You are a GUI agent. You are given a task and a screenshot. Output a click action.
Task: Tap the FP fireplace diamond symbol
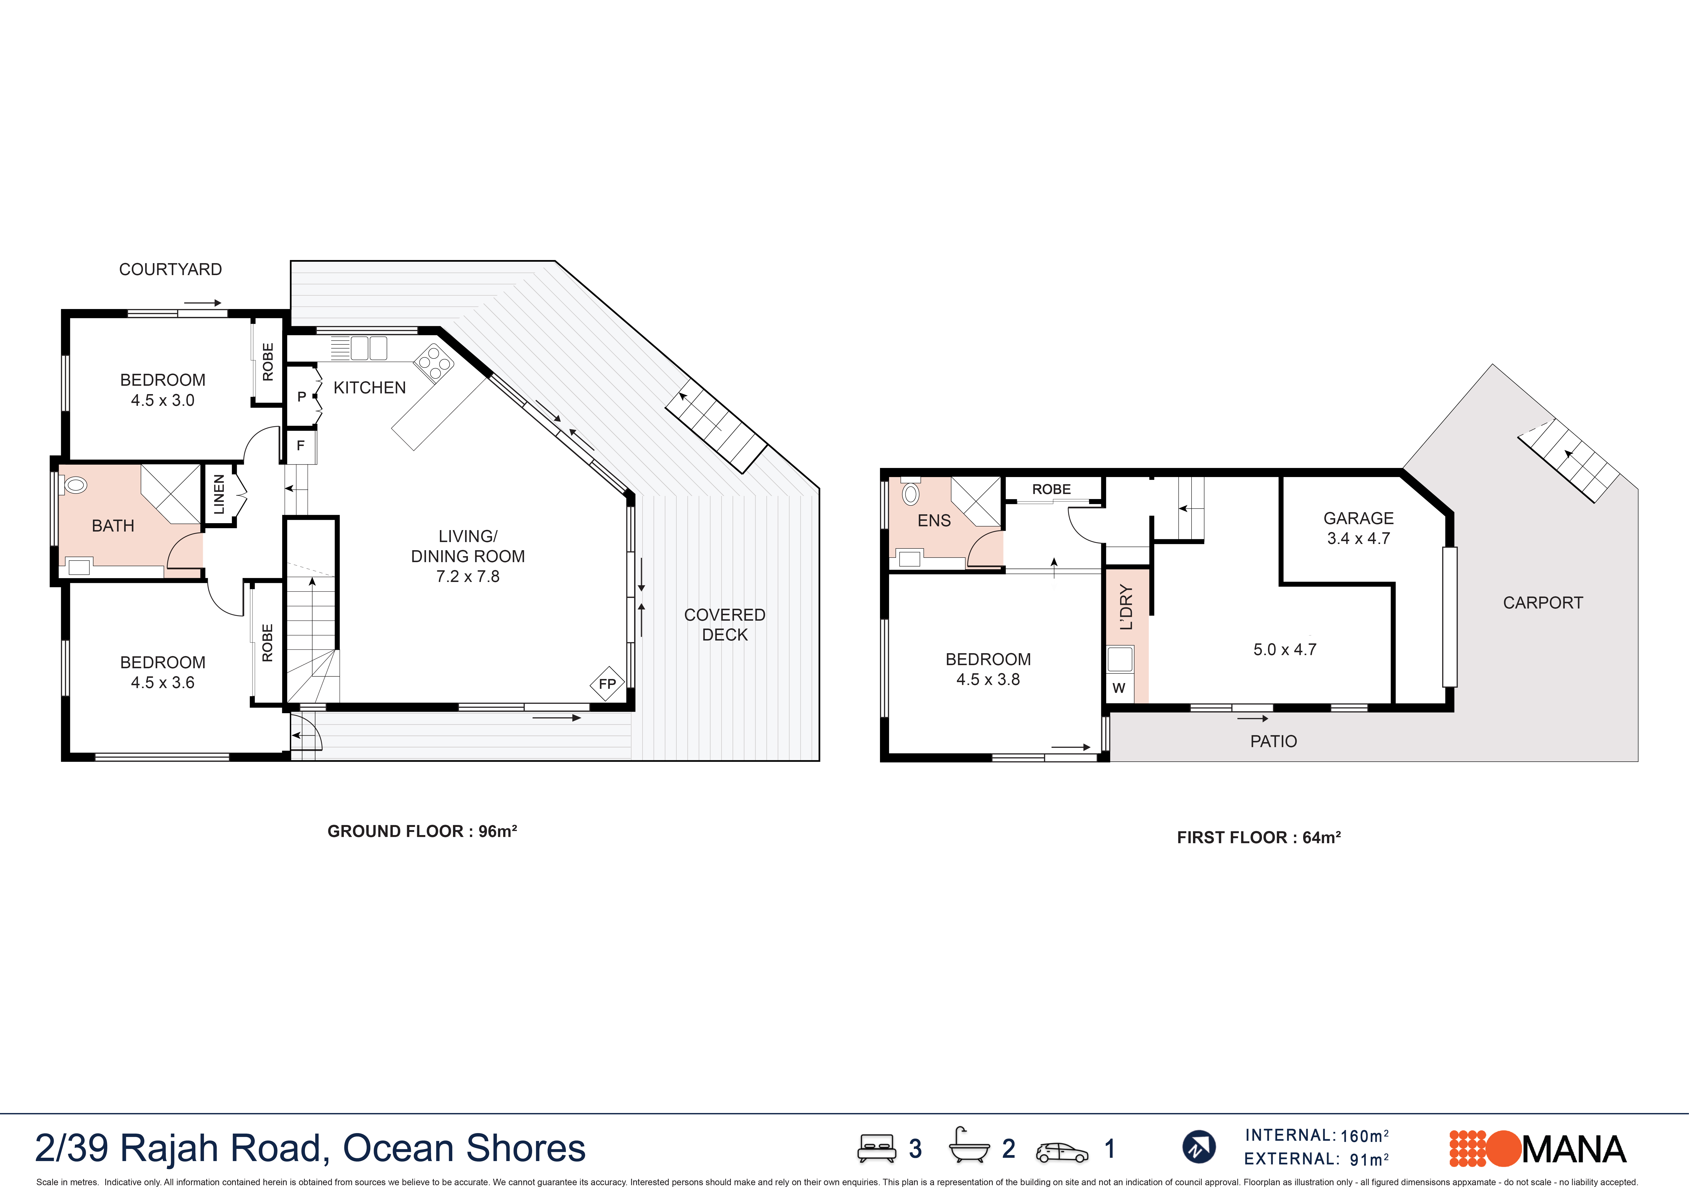pyautogui.click(x=607, y=684)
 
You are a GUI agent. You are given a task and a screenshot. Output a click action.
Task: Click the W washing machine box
pyautogui.click(x=1119, y=688)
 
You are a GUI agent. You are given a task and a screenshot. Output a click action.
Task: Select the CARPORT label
pyautogui.click(x=1543, y=603)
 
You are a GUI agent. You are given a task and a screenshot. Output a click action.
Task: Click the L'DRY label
pyautogui.click(x=1126, y=607)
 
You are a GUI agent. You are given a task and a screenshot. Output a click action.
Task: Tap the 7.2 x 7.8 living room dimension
pyautogui.click(x=468, y=576)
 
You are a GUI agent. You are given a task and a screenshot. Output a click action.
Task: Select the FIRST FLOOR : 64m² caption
pyautogui.click(x=1259, y=837)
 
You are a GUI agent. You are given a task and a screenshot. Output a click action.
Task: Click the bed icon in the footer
pyautogui.click(x=876, y=1148)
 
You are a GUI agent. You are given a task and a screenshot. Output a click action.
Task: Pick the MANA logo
pyautogui.click(x=1538, y=1149)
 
